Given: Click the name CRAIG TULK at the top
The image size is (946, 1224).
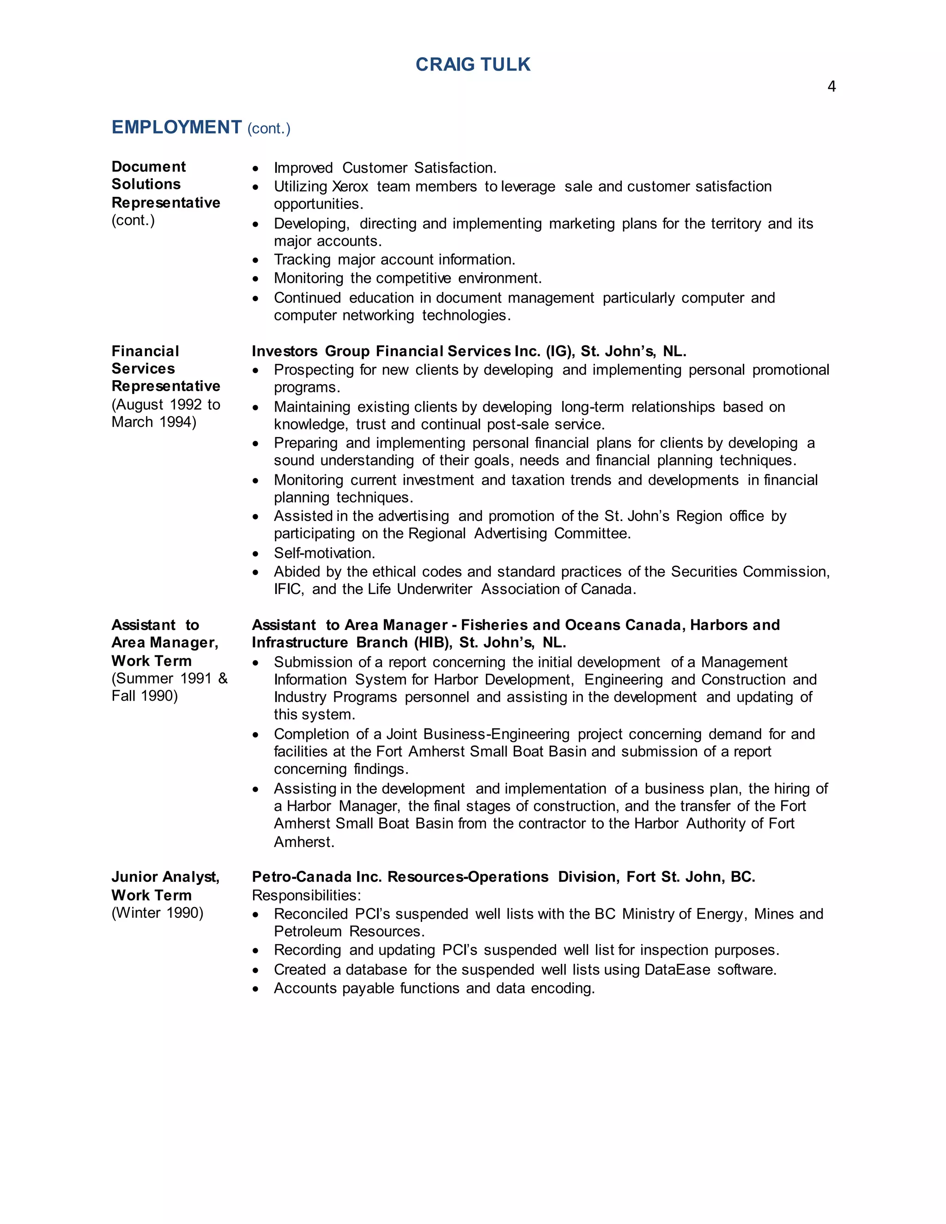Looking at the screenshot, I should (473, 65).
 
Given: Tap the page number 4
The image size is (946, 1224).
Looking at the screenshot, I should (831, 86).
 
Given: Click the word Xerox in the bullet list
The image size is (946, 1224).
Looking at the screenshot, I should (350, 186).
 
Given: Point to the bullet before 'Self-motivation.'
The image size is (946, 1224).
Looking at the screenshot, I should (255, 554).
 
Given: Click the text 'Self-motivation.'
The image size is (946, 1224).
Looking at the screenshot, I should (324, 553).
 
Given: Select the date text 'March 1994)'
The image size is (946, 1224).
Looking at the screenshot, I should (153, 422).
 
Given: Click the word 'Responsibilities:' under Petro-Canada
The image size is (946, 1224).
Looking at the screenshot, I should (306, 895).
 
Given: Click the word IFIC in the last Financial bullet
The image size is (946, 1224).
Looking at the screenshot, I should (288, 589).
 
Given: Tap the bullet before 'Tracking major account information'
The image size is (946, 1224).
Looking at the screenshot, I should (255, 260).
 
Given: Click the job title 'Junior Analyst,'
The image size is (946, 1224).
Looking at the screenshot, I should (165, 877).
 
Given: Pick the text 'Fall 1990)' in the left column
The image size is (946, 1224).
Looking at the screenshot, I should (145, 696).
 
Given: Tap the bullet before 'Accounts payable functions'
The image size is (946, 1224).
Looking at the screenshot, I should (255, 988).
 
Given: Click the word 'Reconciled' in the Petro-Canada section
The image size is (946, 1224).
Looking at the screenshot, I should (310, 914).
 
